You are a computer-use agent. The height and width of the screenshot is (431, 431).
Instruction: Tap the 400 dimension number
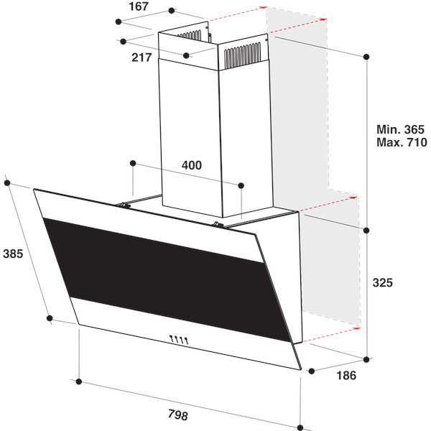191,165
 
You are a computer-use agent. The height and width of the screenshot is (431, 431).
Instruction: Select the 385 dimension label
14,254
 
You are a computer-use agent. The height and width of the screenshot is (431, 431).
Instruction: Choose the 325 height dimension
383,283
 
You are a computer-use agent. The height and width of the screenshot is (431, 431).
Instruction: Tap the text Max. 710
402,142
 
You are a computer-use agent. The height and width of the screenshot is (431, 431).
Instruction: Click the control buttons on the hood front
178,340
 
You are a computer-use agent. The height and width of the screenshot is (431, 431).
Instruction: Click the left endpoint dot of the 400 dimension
133,163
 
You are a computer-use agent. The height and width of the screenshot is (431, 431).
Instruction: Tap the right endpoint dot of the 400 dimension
242,185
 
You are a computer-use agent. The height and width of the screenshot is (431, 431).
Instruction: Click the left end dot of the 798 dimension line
79,381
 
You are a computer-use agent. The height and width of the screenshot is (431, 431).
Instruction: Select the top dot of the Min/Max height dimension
366,55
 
